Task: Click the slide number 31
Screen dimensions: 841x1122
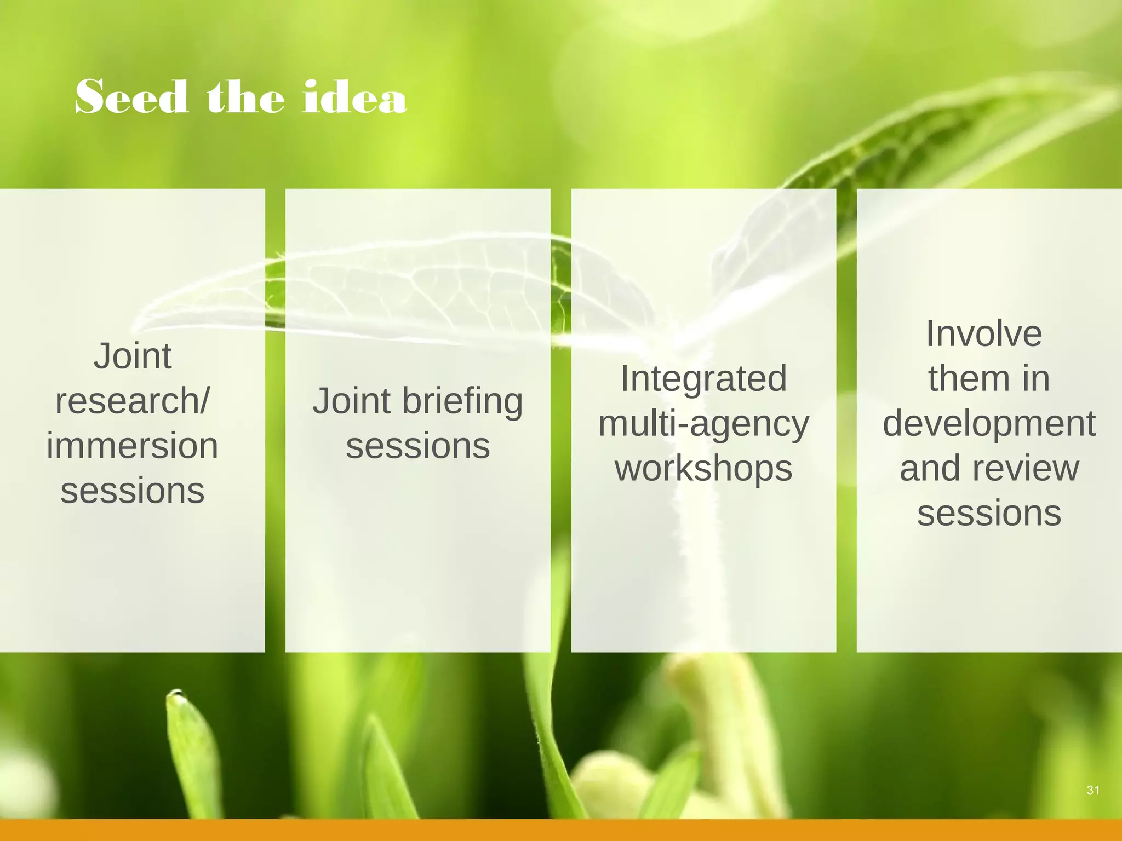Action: tap(1093, 790)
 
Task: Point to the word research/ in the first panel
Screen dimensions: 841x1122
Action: tap(132, 401)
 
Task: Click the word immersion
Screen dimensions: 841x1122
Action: tap(132, 446)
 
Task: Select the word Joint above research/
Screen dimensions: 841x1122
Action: tap(132, 356)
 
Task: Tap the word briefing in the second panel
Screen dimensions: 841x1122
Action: tap(462, 401)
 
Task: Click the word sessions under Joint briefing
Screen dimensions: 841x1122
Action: tap(417, 446)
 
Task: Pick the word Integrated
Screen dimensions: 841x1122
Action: tap(703, 379)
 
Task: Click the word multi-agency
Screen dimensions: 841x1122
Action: tap(703, 424)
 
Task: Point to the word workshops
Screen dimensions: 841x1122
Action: tap(703, 469)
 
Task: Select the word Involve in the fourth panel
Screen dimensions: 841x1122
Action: tap(983, 334)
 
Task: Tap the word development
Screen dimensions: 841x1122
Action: tap(989, 424)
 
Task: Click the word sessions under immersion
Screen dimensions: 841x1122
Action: tap(132, 491)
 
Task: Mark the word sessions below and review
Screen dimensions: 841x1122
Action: tap(989, 514)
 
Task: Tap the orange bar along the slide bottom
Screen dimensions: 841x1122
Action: tap(561, 830)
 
